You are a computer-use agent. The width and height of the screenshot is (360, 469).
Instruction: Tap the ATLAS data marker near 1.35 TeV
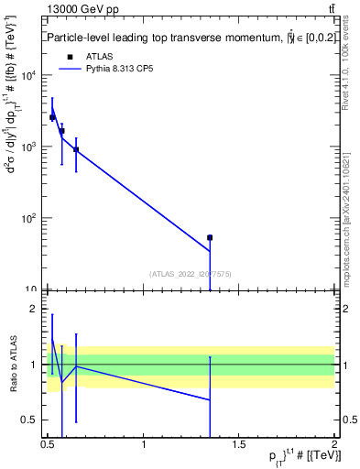coord(210,237)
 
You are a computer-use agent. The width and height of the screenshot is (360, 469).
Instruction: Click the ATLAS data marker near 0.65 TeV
coord(76,149)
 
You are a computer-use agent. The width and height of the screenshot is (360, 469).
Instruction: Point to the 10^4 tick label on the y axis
coord(29,75)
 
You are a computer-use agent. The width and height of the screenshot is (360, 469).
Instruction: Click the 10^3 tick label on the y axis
coord(29,147)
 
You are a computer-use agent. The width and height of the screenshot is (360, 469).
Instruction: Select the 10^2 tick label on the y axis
coord(29,218)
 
